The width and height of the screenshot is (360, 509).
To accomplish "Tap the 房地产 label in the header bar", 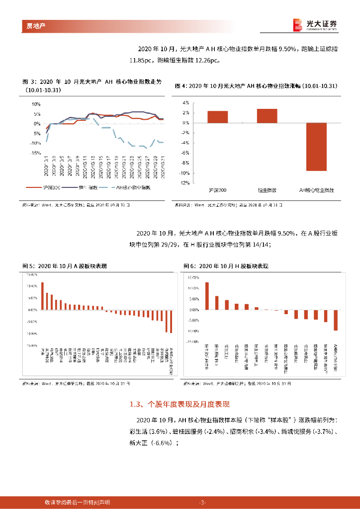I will click(36, 25).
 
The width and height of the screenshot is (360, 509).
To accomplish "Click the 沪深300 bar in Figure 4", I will click(217, 117).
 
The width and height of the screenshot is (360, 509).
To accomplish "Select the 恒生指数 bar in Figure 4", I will click(267, 116).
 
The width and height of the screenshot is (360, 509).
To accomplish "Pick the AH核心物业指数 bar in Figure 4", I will click(316, 147).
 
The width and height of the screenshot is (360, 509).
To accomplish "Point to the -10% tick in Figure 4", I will click(185, 173).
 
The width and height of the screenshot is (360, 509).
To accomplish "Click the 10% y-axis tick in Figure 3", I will click(36, 104).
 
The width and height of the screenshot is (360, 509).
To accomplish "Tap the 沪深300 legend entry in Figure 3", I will click(50, 188).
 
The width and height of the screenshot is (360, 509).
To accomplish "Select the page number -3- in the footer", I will click(202, 502).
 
